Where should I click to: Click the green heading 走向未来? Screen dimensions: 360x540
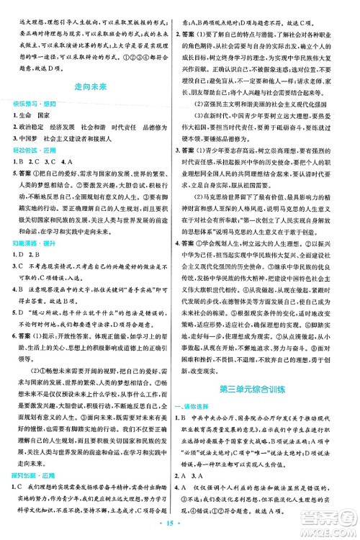tap(92, 86)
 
